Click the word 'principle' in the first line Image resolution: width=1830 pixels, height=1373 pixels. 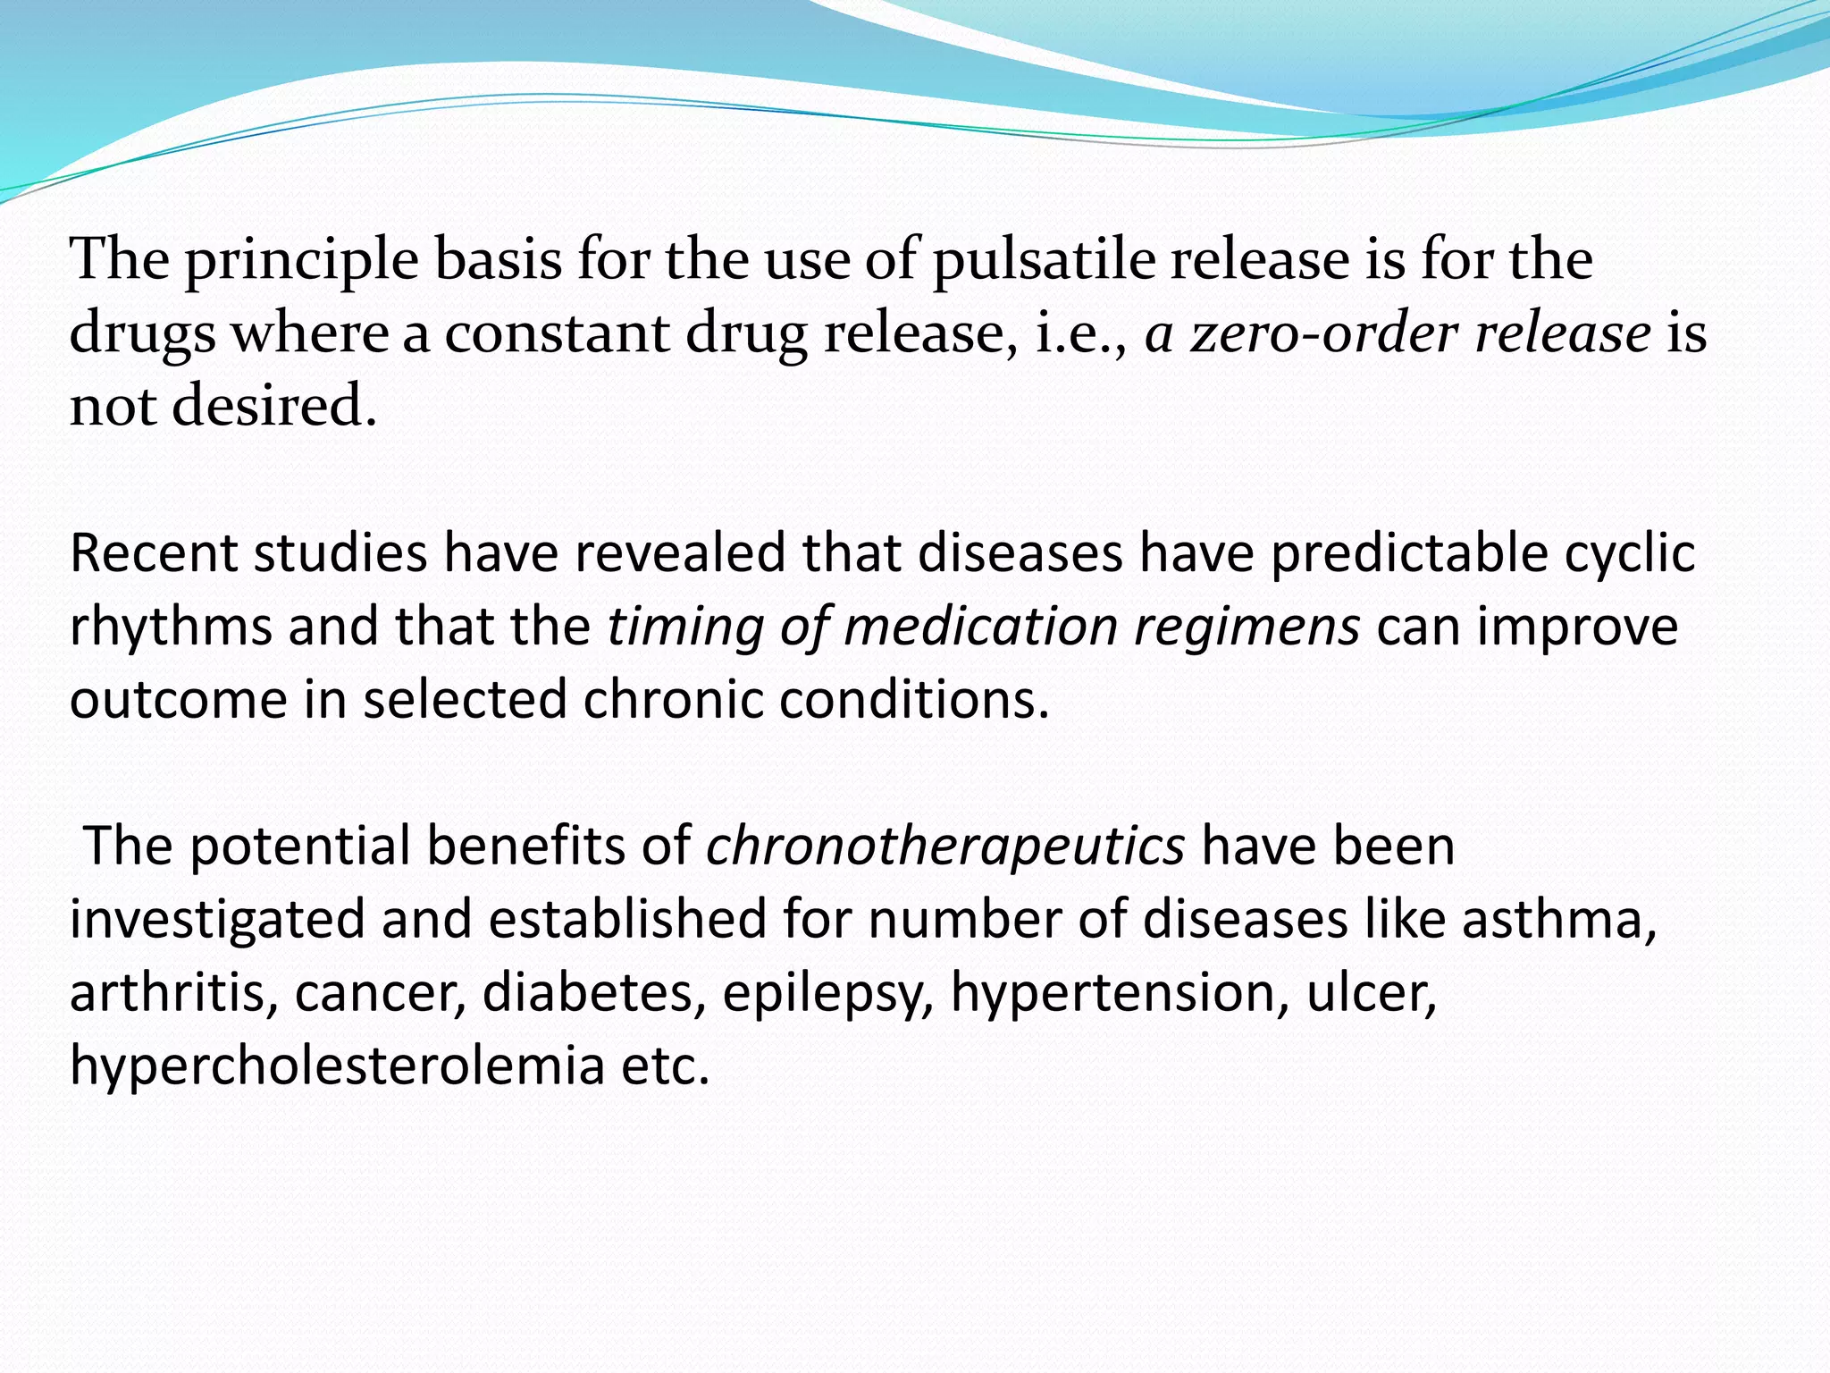click(301, 261)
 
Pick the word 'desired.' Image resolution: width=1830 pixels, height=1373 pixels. click(274, 407)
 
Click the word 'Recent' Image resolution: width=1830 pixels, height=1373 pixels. click(153, 553)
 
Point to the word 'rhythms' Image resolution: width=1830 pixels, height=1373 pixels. click(171, 627)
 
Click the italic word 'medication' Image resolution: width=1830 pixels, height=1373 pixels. click(980, 627)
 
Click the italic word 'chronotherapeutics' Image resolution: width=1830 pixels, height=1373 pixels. click(945, 846)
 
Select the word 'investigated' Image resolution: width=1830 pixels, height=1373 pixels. click(217, 919)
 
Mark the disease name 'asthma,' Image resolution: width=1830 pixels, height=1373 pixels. click(1559, 919)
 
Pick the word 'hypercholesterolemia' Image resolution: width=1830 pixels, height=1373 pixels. click(338, 1066)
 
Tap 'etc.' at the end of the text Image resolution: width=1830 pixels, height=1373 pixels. click(666, 1066)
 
